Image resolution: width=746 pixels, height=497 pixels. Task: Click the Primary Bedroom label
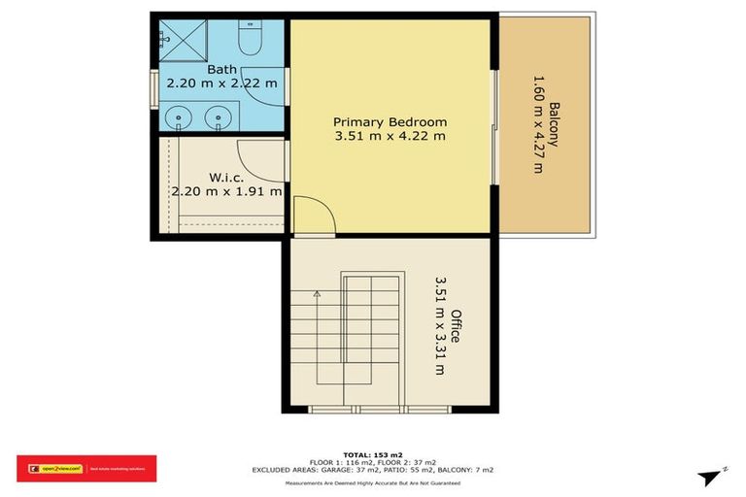pyautogui.click(x=390, y=122)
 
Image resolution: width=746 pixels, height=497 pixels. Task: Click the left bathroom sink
pyautogui.click(x=180, y=119)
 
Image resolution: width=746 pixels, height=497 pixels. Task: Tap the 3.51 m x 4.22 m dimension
pyautogui.click(x=390, y=137)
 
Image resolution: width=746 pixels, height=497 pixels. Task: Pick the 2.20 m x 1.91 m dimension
pyautogui.click(x=226, y=191)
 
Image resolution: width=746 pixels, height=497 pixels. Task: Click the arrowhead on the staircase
pyautogui.click(x=317, y=292)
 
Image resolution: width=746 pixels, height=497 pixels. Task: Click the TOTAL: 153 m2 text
pyautogui.click(x=373, y=454)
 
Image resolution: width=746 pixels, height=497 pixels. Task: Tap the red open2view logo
pyautogui.click(x=86, y=469)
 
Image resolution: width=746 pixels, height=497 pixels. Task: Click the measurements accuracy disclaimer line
pyautogui.click(x=373, y=482)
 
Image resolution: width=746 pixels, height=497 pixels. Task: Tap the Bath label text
pyautogui.click(x=221, y=69)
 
